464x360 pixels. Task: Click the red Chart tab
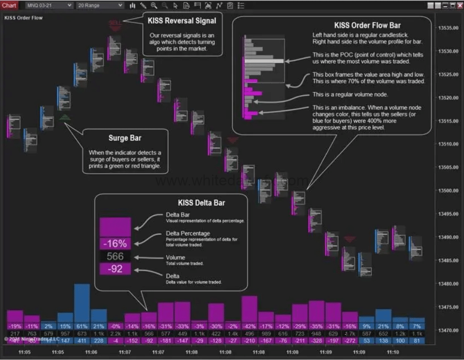pyautogui.click(x=9, y=5)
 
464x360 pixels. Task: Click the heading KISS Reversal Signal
pyautogui.click(x=182, y=21)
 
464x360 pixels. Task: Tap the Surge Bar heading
pyautogui.click(x=125, y=138)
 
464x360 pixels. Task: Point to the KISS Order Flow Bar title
pyautogui.click(x=367, y=25)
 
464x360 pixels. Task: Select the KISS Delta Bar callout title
pyautogui.click(x=201, y=203)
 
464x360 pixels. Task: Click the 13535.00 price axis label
pyautogui.click(x=447, y=28)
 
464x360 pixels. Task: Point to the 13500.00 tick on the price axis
pyautogui.click(x=447, y=191)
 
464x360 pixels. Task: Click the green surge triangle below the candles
pyautogui.click(x=65, y=117)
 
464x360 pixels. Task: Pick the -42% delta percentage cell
pyautogui.click(x=250, y=326)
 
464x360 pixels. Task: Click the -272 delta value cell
pyautogui.click(x=350, y=341)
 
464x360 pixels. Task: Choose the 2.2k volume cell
pyautogui.click(x=116, y=333)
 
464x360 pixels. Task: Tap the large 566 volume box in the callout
pyautogui.click(x=115, y=257)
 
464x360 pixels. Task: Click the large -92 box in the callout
pyautogui.click(x=115, y=269)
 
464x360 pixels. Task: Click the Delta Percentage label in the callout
pyautogui.click(x=188, y=234)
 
